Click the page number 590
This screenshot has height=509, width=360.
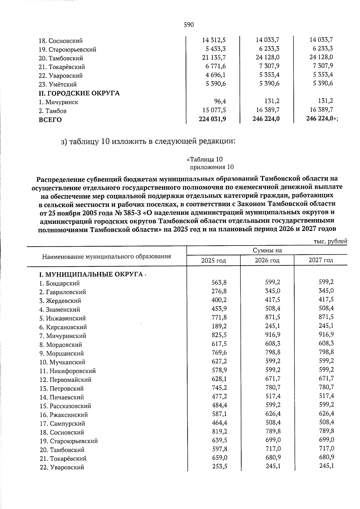tap(189, 25)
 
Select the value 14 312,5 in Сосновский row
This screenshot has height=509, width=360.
tap(214, 40)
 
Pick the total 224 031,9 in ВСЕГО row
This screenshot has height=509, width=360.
tap(212, 119)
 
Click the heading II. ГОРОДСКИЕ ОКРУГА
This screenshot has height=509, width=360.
tap(79, 93)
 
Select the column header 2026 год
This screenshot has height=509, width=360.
tap(267, 260)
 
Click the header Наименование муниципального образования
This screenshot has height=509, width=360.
tap(106, 256)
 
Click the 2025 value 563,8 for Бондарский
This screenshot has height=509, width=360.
tap(219, 282)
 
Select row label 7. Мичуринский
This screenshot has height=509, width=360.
tap(63, 336)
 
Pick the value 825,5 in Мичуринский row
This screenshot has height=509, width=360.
tap(219, 335)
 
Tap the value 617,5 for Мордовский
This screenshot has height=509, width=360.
tap(219, 343)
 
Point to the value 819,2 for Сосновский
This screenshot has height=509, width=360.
tap(219, 431)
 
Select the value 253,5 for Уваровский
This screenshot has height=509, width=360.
tap(219, 466)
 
